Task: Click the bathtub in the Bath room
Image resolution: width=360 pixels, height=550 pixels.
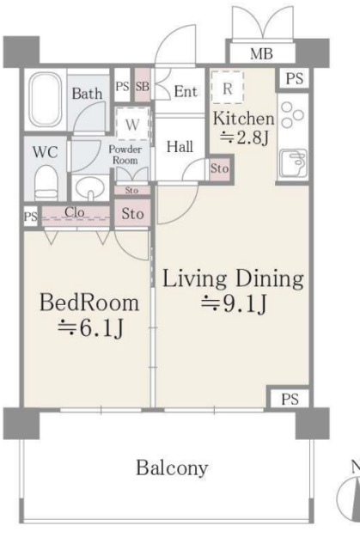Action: [46, 100]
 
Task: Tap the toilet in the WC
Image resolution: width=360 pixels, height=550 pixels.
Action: [46, 183]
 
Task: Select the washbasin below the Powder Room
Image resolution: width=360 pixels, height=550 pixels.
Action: [90, 188]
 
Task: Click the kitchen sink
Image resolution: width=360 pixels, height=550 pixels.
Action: [293, 162]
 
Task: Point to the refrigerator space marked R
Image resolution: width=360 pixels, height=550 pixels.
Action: [228, 88]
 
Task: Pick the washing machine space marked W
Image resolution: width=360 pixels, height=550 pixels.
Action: [132, 124]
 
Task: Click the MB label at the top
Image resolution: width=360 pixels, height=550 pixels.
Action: [261, 53]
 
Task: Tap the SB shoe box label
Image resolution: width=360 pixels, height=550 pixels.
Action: [143, 86]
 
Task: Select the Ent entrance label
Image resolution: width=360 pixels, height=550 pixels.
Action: [186, 92]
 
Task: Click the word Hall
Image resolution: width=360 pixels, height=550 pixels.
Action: [180, 146]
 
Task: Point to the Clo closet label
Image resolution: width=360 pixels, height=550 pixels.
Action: [75, 212]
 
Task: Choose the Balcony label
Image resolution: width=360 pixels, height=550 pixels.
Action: [172, 467]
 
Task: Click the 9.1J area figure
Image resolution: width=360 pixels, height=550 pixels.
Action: [234, 303]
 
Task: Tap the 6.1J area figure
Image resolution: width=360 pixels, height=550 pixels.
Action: [90, 328]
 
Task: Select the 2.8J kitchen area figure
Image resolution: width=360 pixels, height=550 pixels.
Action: [244, 137]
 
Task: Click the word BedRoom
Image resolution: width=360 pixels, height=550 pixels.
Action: [89, 302]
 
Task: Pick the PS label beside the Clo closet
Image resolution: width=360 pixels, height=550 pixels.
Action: [30, 217]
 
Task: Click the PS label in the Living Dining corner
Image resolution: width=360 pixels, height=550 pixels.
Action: [290, 399]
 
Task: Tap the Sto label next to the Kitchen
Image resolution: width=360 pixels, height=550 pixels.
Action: [219, 168]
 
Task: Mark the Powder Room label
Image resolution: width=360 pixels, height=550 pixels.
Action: [125, 155]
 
